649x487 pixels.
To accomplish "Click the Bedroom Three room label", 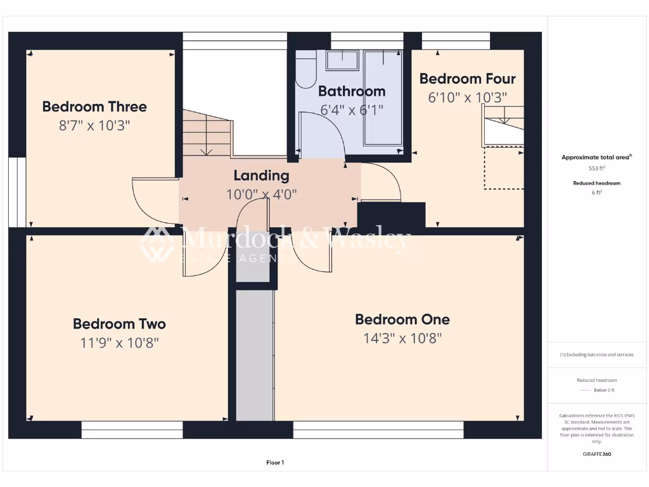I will click(94, 107).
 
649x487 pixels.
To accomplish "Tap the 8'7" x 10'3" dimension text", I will click(94, 126).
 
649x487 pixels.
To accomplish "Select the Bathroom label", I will click(352, 91).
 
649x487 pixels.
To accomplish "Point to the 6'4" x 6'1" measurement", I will click(352, 110).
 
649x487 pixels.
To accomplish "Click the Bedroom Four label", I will click(467, 79).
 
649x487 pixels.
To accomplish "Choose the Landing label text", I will click(261, 176).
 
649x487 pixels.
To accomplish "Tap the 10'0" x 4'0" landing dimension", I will click(261, 194).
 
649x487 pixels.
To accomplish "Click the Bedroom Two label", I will click(119, 324).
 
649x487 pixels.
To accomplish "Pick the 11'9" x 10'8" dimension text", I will click(119, 343).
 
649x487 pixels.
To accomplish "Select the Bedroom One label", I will click(402, 320).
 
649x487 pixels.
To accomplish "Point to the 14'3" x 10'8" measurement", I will click(402, 338).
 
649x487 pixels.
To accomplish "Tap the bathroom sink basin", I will click(342, 61).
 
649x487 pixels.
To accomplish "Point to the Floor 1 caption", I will click(274, 463).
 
